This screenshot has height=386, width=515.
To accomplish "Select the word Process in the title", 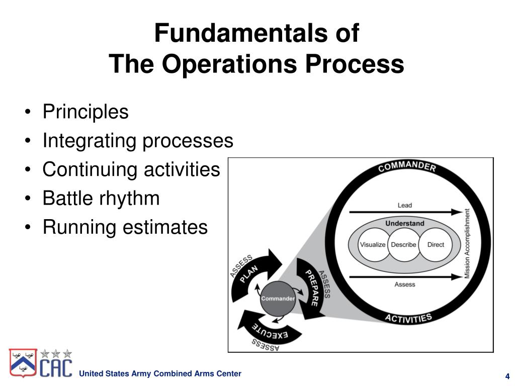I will tap(364, 64).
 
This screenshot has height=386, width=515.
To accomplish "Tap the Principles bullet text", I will tap(85, 112).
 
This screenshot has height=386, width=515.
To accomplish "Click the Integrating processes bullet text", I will tap(138, 141).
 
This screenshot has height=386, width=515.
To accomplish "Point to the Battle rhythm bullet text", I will tap(101, 199).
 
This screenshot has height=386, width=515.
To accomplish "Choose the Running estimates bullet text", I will tap(125, 227).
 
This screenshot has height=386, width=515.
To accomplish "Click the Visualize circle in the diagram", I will tap(373, 245).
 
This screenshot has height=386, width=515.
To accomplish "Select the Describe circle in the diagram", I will tap(403, 245).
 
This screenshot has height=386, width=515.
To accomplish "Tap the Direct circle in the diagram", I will tap(436, 245).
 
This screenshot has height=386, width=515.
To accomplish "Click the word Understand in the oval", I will tap(404, 223).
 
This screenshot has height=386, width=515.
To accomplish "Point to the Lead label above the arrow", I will tap(404, 205).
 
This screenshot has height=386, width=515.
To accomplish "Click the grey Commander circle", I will tap(278, 299).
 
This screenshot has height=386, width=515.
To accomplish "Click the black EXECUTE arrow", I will tap(269, 330).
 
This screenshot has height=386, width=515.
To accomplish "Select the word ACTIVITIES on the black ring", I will tap(408, 318).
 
